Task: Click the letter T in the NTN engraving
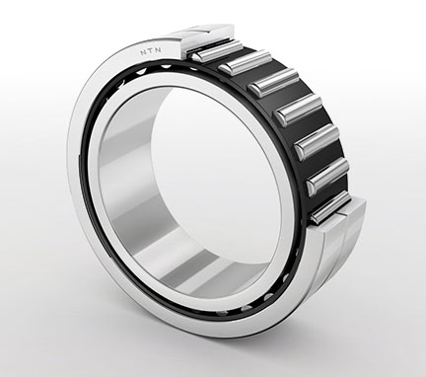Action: [x=151, y=51]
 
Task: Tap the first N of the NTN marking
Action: [x=143, y=52]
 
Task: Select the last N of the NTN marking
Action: [x=158, y=50]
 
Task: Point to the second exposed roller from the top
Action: [x=244, y=61]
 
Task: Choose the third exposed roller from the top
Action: [x=273, y=82]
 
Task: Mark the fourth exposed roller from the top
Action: [x=299, y=110]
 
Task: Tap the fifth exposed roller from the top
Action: [x=317, y=142]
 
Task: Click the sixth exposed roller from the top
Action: [x=327, y=178]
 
